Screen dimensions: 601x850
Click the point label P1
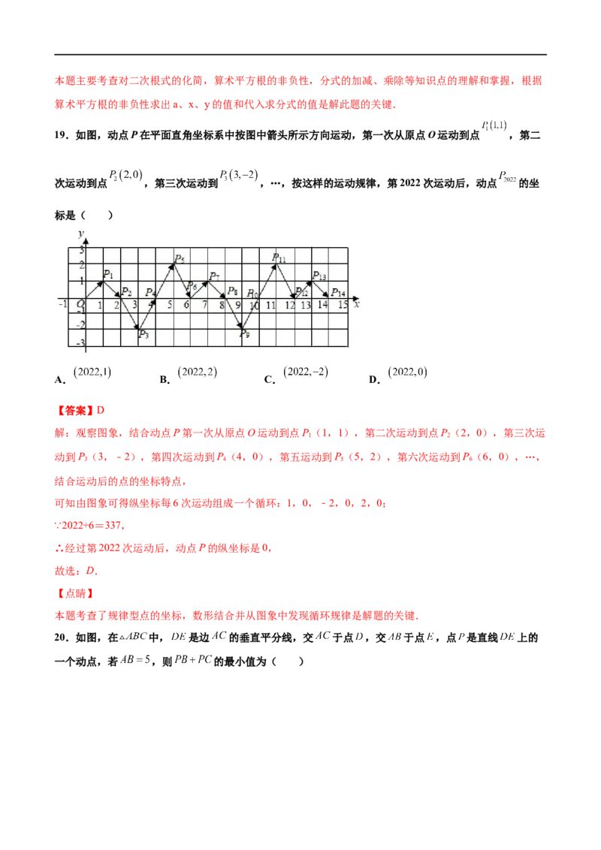tap(107, 275)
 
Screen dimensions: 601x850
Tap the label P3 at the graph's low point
tap(143, 335)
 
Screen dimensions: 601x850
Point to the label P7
tap(214, 277)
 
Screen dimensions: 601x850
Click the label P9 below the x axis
tap(245, 335)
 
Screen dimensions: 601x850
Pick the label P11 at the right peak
tap(279, 258)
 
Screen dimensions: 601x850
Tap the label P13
tap(319, 276)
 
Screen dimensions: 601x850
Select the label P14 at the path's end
tap(338, 293)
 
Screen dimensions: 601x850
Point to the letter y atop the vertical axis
tap(80, 234)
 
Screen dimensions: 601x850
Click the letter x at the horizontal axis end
tap(356, 304)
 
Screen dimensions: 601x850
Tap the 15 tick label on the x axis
tap(343, 306)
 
